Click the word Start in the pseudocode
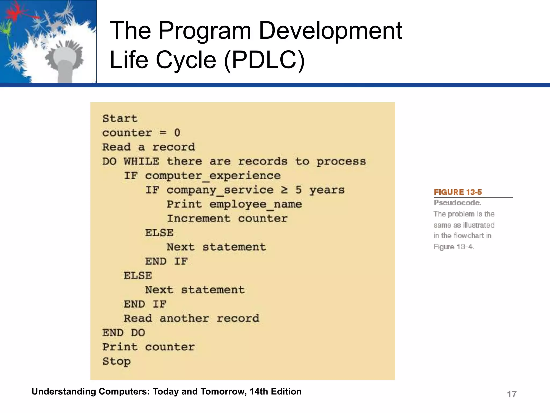tap(120, 119)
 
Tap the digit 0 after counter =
tap(177, 133)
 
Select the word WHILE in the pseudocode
tap(141, 161)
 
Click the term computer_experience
tap(213, 176)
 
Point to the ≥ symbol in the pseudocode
tap(284, 190)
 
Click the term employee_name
tap(256, 204)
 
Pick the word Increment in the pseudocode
tap(198, 219)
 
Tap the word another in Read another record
tap(184, 319)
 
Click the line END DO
tap(124, 333)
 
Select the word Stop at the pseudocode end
tap(116, 361)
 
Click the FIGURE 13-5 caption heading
tap(458, 192)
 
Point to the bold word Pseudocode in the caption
tap(457, 203)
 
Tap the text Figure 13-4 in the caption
tap(454, 247)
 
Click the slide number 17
tap(512, 394)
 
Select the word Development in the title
tap(330, 31)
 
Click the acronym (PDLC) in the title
tap(264, 60)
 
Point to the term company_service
tap(220, 190)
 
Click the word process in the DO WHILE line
tap(341, 162)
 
